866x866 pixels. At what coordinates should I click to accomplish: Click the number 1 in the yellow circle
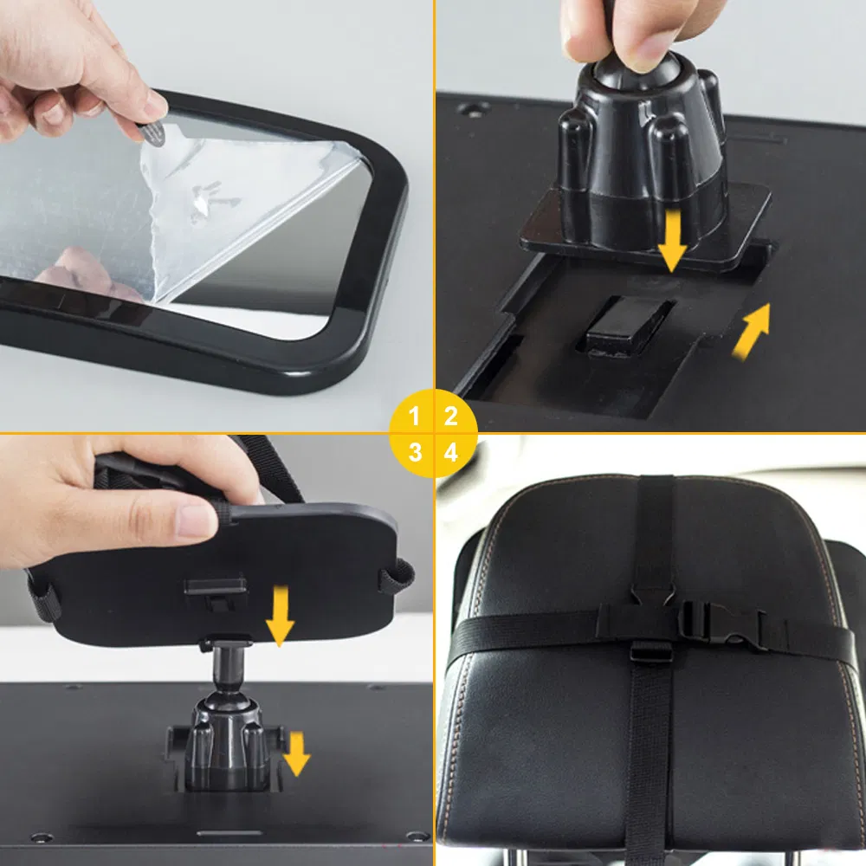[x=415, y=417]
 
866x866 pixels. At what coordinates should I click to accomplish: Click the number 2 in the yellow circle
[x=450, y=417]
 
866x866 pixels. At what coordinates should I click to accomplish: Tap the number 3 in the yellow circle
[x=415, y=451]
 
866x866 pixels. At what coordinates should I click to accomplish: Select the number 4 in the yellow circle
[x=450, y=451]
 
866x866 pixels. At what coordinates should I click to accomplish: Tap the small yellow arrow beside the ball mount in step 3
[x=296, y=753]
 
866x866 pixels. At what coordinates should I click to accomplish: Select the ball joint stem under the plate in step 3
[x=227, y=671]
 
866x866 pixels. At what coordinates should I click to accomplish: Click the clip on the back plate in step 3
[x=214, y=589]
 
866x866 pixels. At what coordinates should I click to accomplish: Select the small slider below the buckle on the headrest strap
[x=651, y=651]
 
